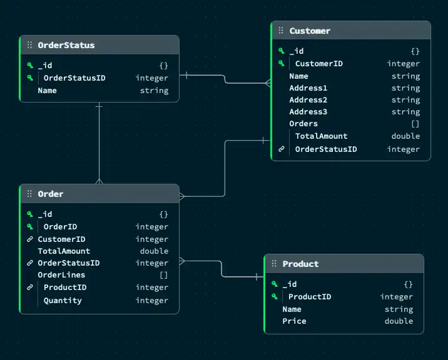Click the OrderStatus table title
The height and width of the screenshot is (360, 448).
tap(66, 45)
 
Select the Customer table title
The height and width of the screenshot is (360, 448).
tap(310, 31)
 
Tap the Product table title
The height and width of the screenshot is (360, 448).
tap(300, 264)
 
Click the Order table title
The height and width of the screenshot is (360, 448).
tap(50, 194)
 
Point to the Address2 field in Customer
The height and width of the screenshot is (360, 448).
tap(308, 100)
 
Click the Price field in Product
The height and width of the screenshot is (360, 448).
tap(294, 321)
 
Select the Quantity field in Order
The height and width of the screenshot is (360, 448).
tap(63, 301)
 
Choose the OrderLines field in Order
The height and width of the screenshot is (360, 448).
tap(61, 275)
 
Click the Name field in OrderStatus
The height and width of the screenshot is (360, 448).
tap(47, 91)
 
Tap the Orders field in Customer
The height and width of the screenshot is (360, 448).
tap(303, 124)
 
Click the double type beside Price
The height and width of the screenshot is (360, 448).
tap(399, 321)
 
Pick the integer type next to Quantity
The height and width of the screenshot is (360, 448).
tap(151, 301)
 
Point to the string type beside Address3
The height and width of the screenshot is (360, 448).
tap(405, 112)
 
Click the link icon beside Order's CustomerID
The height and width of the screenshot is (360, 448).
tap(29, 239)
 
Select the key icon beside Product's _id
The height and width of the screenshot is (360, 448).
tap(274, 284)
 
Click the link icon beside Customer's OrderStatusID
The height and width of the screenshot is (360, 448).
tap(281, 149)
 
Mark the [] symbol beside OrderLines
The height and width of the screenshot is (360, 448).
tap(163, 275)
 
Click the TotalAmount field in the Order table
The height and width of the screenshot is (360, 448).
tap(64, 251)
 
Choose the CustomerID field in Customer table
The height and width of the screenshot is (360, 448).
tap(318, 63)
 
